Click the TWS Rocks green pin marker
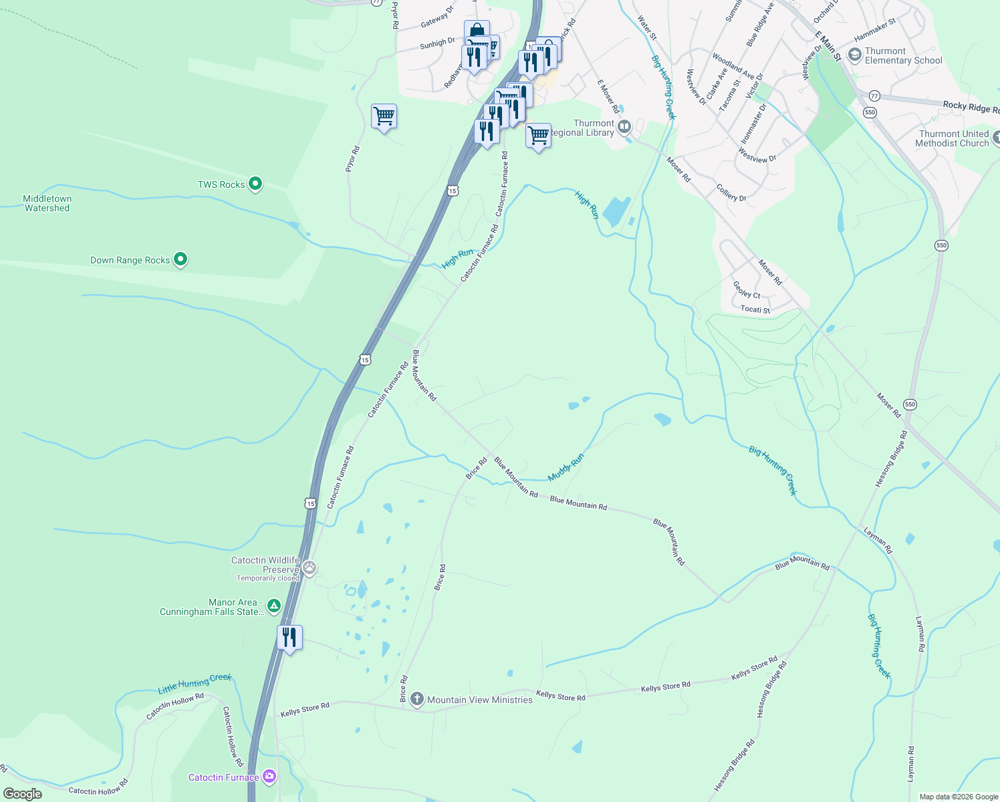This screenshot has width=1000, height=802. (x=255, y=184)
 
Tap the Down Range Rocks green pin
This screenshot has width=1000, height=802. (x=180, y=259)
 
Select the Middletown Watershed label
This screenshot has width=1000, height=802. (x=47, y=203)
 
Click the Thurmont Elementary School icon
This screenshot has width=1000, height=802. (x=854, y=55)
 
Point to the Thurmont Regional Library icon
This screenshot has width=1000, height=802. (x=624, y=126)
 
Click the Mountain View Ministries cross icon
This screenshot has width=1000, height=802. (x=417, y=700)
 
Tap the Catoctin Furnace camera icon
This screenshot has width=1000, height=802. (x=269, y=777)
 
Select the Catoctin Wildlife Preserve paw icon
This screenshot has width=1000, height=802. (x=309, y=569)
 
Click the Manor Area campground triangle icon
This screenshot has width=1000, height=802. (x=273, y=606)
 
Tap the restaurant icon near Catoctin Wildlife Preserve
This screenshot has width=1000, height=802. (x=289, y=638)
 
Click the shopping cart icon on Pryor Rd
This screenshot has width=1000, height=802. (x=384, y=116)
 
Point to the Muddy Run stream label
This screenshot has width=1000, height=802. (x=566, y=467)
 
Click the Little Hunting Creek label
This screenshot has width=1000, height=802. (x=195, y=683)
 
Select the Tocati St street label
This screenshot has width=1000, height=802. (x=755, y=309)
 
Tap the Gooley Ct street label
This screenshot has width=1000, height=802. (x=747, y=290)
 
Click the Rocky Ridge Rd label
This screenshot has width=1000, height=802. (x=971, y=107)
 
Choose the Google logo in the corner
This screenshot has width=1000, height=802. (x=23, y=794)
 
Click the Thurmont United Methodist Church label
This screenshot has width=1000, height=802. (x=952, y=138)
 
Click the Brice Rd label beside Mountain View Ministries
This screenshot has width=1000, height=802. (x=404, y=688)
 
